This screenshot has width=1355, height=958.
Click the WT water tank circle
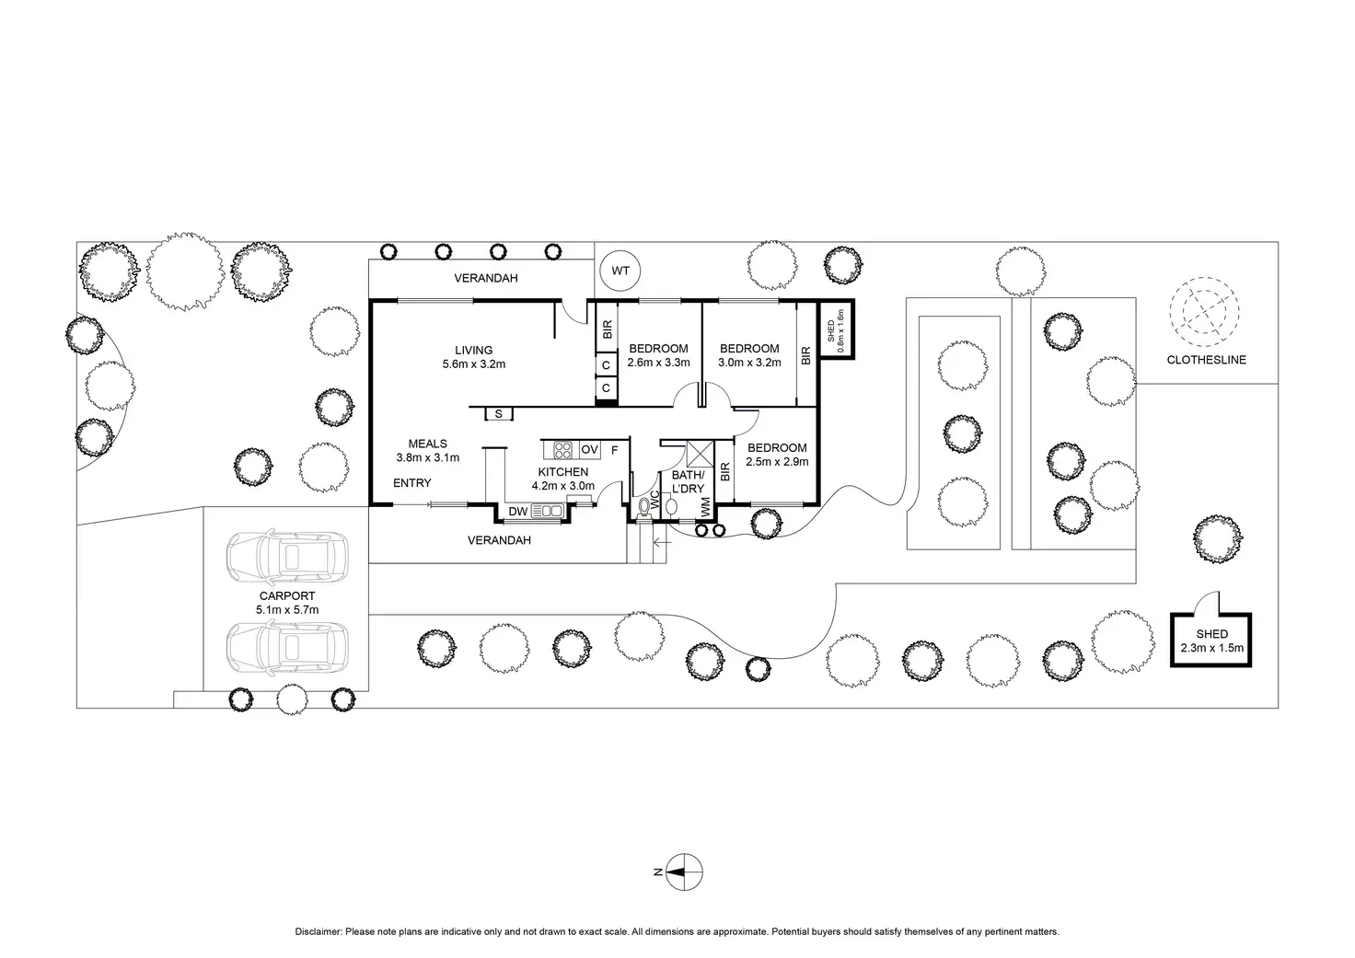pos(620,271)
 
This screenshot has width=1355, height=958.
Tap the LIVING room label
pos(473,350)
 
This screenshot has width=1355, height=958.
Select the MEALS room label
pos(427,444)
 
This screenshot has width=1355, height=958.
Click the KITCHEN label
pos(562,472)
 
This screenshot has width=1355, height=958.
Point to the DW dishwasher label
pos(516,512)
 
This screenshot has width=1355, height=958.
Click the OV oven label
pos(589,449)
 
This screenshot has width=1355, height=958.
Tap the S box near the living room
pos(498,414)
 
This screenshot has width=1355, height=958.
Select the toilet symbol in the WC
pos(643,507)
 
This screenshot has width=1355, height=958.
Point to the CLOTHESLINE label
pos(1206,360)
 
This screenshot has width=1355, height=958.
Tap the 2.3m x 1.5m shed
pos(1211,641)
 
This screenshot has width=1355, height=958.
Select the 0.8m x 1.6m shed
pos(836,329)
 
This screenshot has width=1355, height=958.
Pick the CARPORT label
pos(287,596)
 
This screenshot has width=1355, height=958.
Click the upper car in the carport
pos(286,557)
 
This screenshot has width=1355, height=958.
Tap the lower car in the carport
pos(286,650)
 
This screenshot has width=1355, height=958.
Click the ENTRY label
pos(411,483)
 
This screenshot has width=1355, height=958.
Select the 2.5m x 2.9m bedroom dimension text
pos(776,461)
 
